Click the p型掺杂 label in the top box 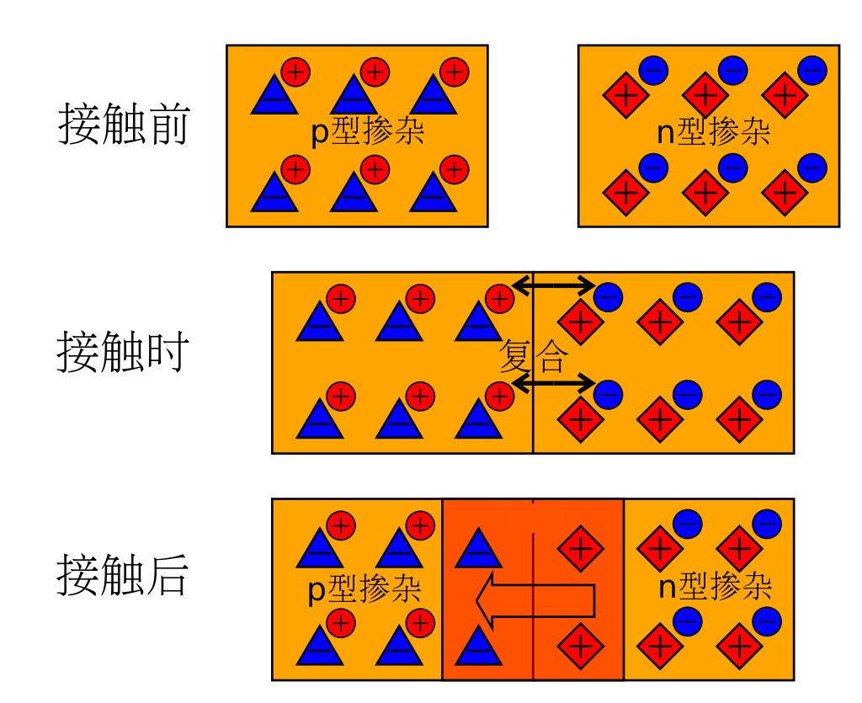[367, 132]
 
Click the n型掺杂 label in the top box [714, 132]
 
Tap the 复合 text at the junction [534, 356]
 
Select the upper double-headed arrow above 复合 [554, 285]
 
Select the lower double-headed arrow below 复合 [554, 383]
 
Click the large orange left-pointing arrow [535, 600]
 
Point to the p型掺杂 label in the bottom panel [364, 588]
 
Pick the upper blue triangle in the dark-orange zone [478, 550]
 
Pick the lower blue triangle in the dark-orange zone [478, 647]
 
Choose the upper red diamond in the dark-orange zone [581, 548]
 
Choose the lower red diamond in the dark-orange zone [581, 646]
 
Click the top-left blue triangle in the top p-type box [274, 97]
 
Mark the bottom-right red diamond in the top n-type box [785, 193]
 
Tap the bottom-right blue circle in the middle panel [767, 395]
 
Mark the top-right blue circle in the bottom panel [767, 525]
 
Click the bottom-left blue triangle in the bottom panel [319, 647]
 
